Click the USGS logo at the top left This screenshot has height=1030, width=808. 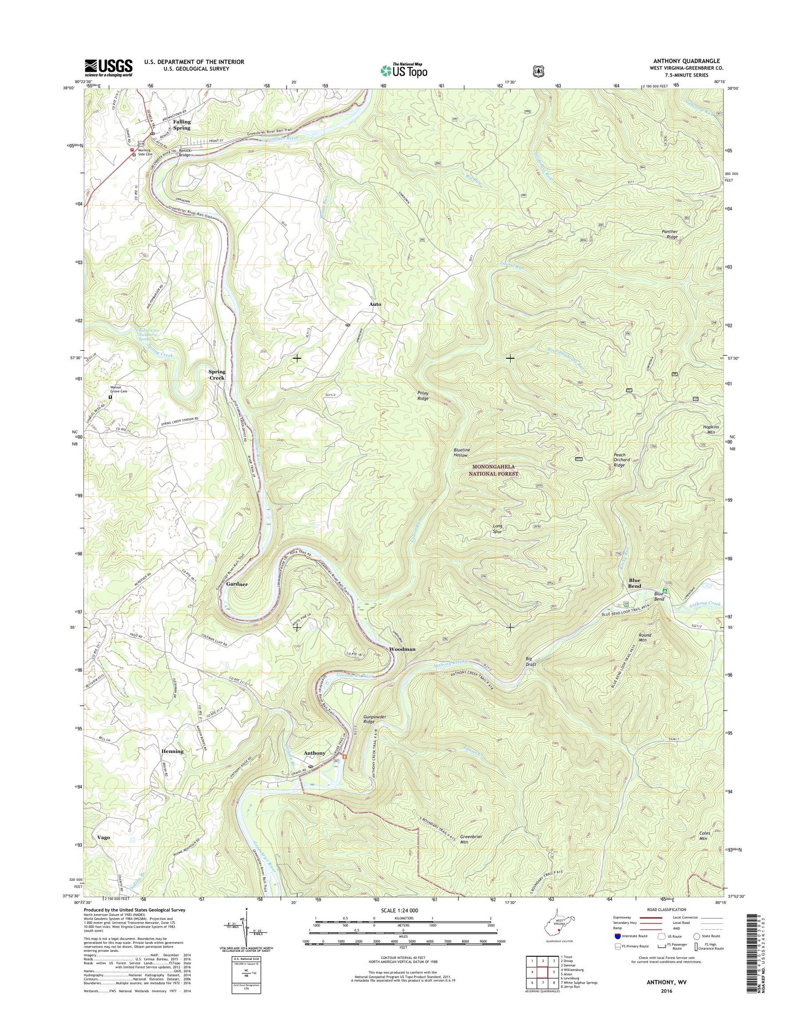tap(108, 67)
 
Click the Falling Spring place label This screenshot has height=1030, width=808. tap(182, 125)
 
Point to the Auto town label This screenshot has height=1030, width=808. tap(375, 304)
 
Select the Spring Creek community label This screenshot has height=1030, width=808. tap(217, 375)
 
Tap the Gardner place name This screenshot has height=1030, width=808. tap(237, 584)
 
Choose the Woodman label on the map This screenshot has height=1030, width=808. tap(402, 649)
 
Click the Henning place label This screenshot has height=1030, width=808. tap(172, 751)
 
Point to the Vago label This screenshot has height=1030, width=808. tap(103, 838)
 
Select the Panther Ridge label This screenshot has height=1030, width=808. tap(670, 234)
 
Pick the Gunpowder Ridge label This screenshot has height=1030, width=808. tap(375, 719)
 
